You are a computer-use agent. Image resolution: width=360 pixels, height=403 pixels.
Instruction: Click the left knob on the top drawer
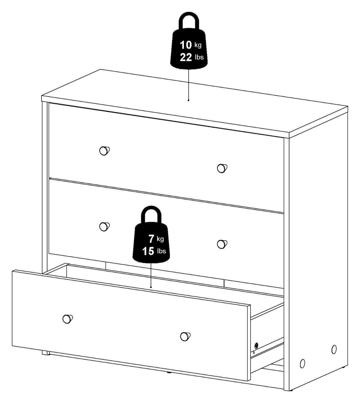(x=104, y=151)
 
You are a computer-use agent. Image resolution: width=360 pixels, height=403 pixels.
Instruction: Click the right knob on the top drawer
(x=222, y=168)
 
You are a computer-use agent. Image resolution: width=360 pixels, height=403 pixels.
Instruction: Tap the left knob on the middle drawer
(x=104, y=227)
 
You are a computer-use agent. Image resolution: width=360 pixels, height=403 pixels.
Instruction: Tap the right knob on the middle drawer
(x=222, y=244)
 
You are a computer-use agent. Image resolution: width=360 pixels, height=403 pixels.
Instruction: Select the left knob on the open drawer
(x=67, y=319)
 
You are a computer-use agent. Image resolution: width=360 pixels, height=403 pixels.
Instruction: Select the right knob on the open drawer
(x=185, y=336)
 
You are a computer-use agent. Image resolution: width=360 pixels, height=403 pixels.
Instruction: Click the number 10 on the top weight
(x=186, y=45)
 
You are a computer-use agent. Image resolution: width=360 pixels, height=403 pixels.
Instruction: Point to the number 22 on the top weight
(x=186, y=57)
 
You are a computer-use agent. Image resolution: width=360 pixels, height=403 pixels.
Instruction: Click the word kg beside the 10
(x=198, y=45)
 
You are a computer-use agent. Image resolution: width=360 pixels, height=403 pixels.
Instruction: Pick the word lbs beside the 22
(x=199, y=57)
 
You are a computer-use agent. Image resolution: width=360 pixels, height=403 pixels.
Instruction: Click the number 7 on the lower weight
(x=151, y=239)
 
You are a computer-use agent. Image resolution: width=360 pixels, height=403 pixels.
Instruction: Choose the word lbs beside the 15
(x=162, y=251)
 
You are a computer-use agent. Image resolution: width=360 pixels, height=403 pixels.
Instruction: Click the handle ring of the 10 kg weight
(x=188, y=21)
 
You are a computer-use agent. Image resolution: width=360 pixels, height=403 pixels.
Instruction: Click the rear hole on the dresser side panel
(x=334, y=348)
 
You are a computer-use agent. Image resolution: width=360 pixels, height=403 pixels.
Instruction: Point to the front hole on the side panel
(x=302, y=363)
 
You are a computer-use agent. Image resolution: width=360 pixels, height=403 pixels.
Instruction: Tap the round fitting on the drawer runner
(x=256, y=345)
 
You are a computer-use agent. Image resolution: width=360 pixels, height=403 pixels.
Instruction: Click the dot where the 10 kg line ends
(x=188, y=100)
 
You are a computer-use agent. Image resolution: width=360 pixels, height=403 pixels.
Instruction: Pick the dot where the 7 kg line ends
(x=151, y=287)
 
